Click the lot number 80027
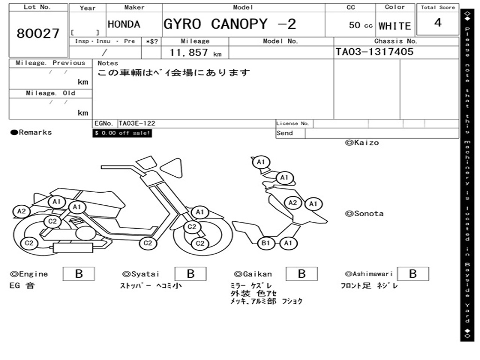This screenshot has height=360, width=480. (x=38, y=33)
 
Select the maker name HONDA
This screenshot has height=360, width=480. (x=124, y=24)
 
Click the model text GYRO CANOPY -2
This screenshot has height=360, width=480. (x=230, y=24)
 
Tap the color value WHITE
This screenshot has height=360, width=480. (x=395, y=26)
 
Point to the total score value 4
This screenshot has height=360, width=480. (x=438, y=22)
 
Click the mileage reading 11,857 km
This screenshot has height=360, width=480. (x=195, y=52)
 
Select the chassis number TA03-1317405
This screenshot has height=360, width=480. (x=375, y=52)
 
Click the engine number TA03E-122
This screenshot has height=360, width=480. (x=137, y=123)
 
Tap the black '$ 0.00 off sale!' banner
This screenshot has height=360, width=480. (x=122, y=133)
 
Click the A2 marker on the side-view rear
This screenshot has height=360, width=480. (x=22, y=211)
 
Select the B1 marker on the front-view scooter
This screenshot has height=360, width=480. (x=266, y=243)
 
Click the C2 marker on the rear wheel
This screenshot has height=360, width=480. (x=29, y=243)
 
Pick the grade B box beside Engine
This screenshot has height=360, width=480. (x=79, y=274)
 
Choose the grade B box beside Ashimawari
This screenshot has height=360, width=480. (x=412, y=274)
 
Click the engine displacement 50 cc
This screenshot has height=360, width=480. (x=360, y=25)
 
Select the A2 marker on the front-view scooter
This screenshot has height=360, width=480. (x=293, y=202)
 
